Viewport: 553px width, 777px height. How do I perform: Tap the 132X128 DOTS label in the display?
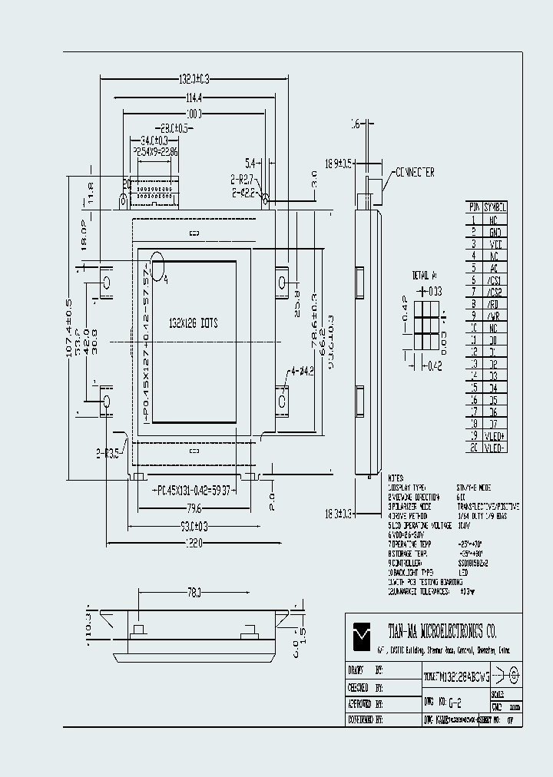(193, 323)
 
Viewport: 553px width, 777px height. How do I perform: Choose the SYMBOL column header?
(497, 207)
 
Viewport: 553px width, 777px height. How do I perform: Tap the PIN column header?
(475, 207)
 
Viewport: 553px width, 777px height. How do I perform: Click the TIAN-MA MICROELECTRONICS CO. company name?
(442, 632)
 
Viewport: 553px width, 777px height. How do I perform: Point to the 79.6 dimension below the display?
(193, 508)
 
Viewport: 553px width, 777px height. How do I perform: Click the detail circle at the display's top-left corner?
(157, 266)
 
